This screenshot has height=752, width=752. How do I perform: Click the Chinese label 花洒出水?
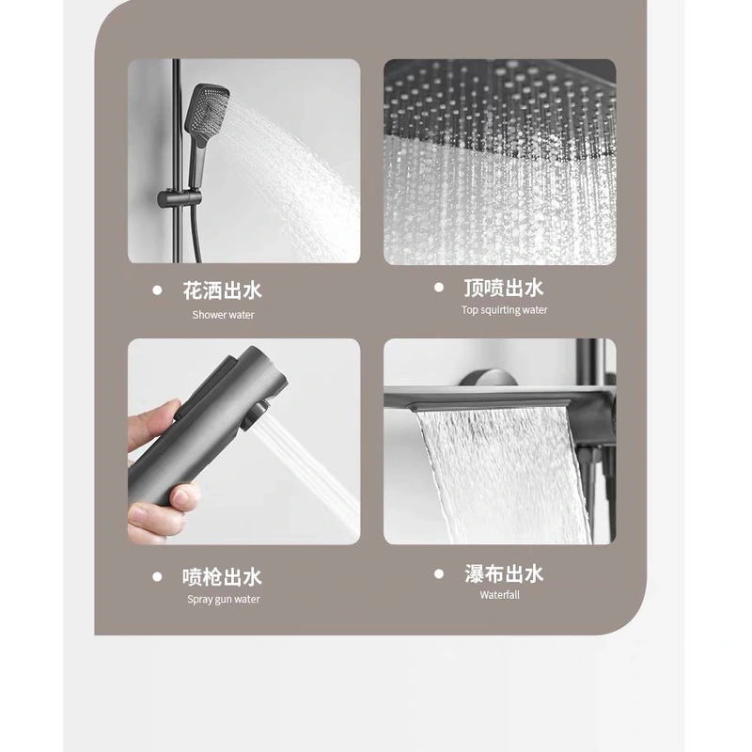[x=223, y=290]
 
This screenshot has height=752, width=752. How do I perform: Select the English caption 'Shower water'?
[x=223, y=315]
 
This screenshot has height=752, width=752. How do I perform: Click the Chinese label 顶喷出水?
[x=504, y=288]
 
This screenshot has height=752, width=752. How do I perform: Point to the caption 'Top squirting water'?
[x=504, y=310]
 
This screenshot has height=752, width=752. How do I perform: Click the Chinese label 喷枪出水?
[x=223, y=576]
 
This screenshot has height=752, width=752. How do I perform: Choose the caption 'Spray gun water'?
[x=223, y=600]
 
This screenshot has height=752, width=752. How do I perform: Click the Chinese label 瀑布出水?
[x=504, y=573]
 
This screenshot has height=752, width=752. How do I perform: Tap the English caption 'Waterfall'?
[x=499, y=595]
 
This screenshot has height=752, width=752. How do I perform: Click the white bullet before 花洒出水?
[x=157, y=290]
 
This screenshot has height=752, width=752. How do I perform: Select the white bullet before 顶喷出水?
[x=438, y=288]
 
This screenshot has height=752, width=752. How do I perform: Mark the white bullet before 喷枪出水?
[x=157, y=576]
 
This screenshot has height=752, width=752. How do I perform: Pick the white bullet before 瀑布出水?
[x=438, y=573]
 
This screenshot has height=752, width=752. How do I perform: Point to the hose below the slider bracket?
[x=196, y=235]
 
